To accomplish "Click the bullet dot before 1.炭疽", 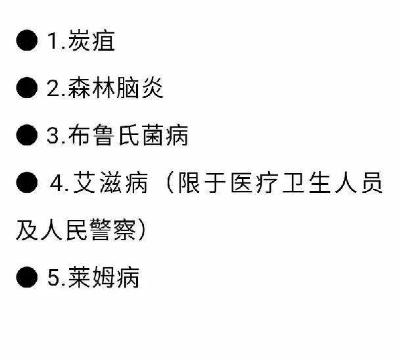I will coord(28,41).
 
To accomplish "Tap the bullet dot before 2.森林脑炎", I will coord(28,89).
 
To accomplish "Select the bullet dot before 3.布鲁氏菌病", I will coord(28,136).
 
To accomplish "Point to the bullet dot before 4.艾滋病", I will coord(28,184).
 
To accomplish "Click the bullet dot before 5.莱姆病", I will coord(28,278).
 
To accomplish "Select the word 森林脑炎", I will coord(115,89).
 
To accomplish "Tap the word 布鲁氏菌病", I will coord(128,136).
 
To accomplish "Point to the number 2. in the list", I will coord(55,89).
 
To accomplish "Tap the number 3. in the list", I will coord(55,136).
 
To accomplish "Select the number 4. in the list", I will coord(60,184).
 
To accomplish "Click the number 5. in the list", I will coord(55,278).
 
